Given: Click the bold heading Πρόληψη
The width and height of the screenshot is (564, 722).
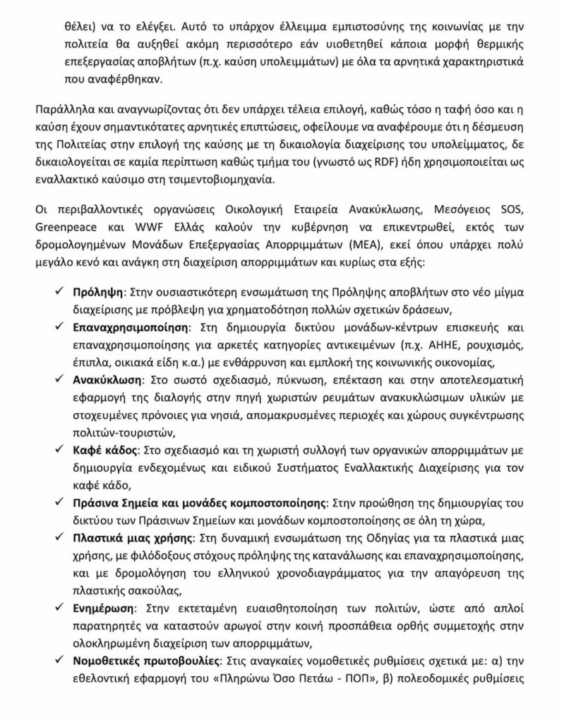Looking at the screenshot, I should tap(99, 290).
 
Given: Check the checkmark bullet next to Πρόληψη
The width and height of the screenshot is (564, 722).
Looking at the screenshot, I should tap(62, 290).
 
